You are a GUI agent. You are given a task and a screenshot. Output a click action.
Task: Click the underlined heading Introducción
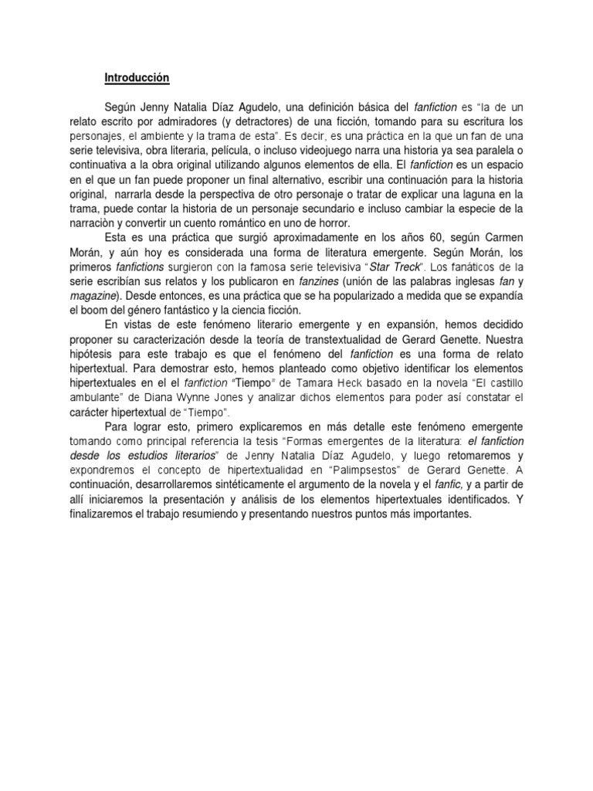pos(137,78)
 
